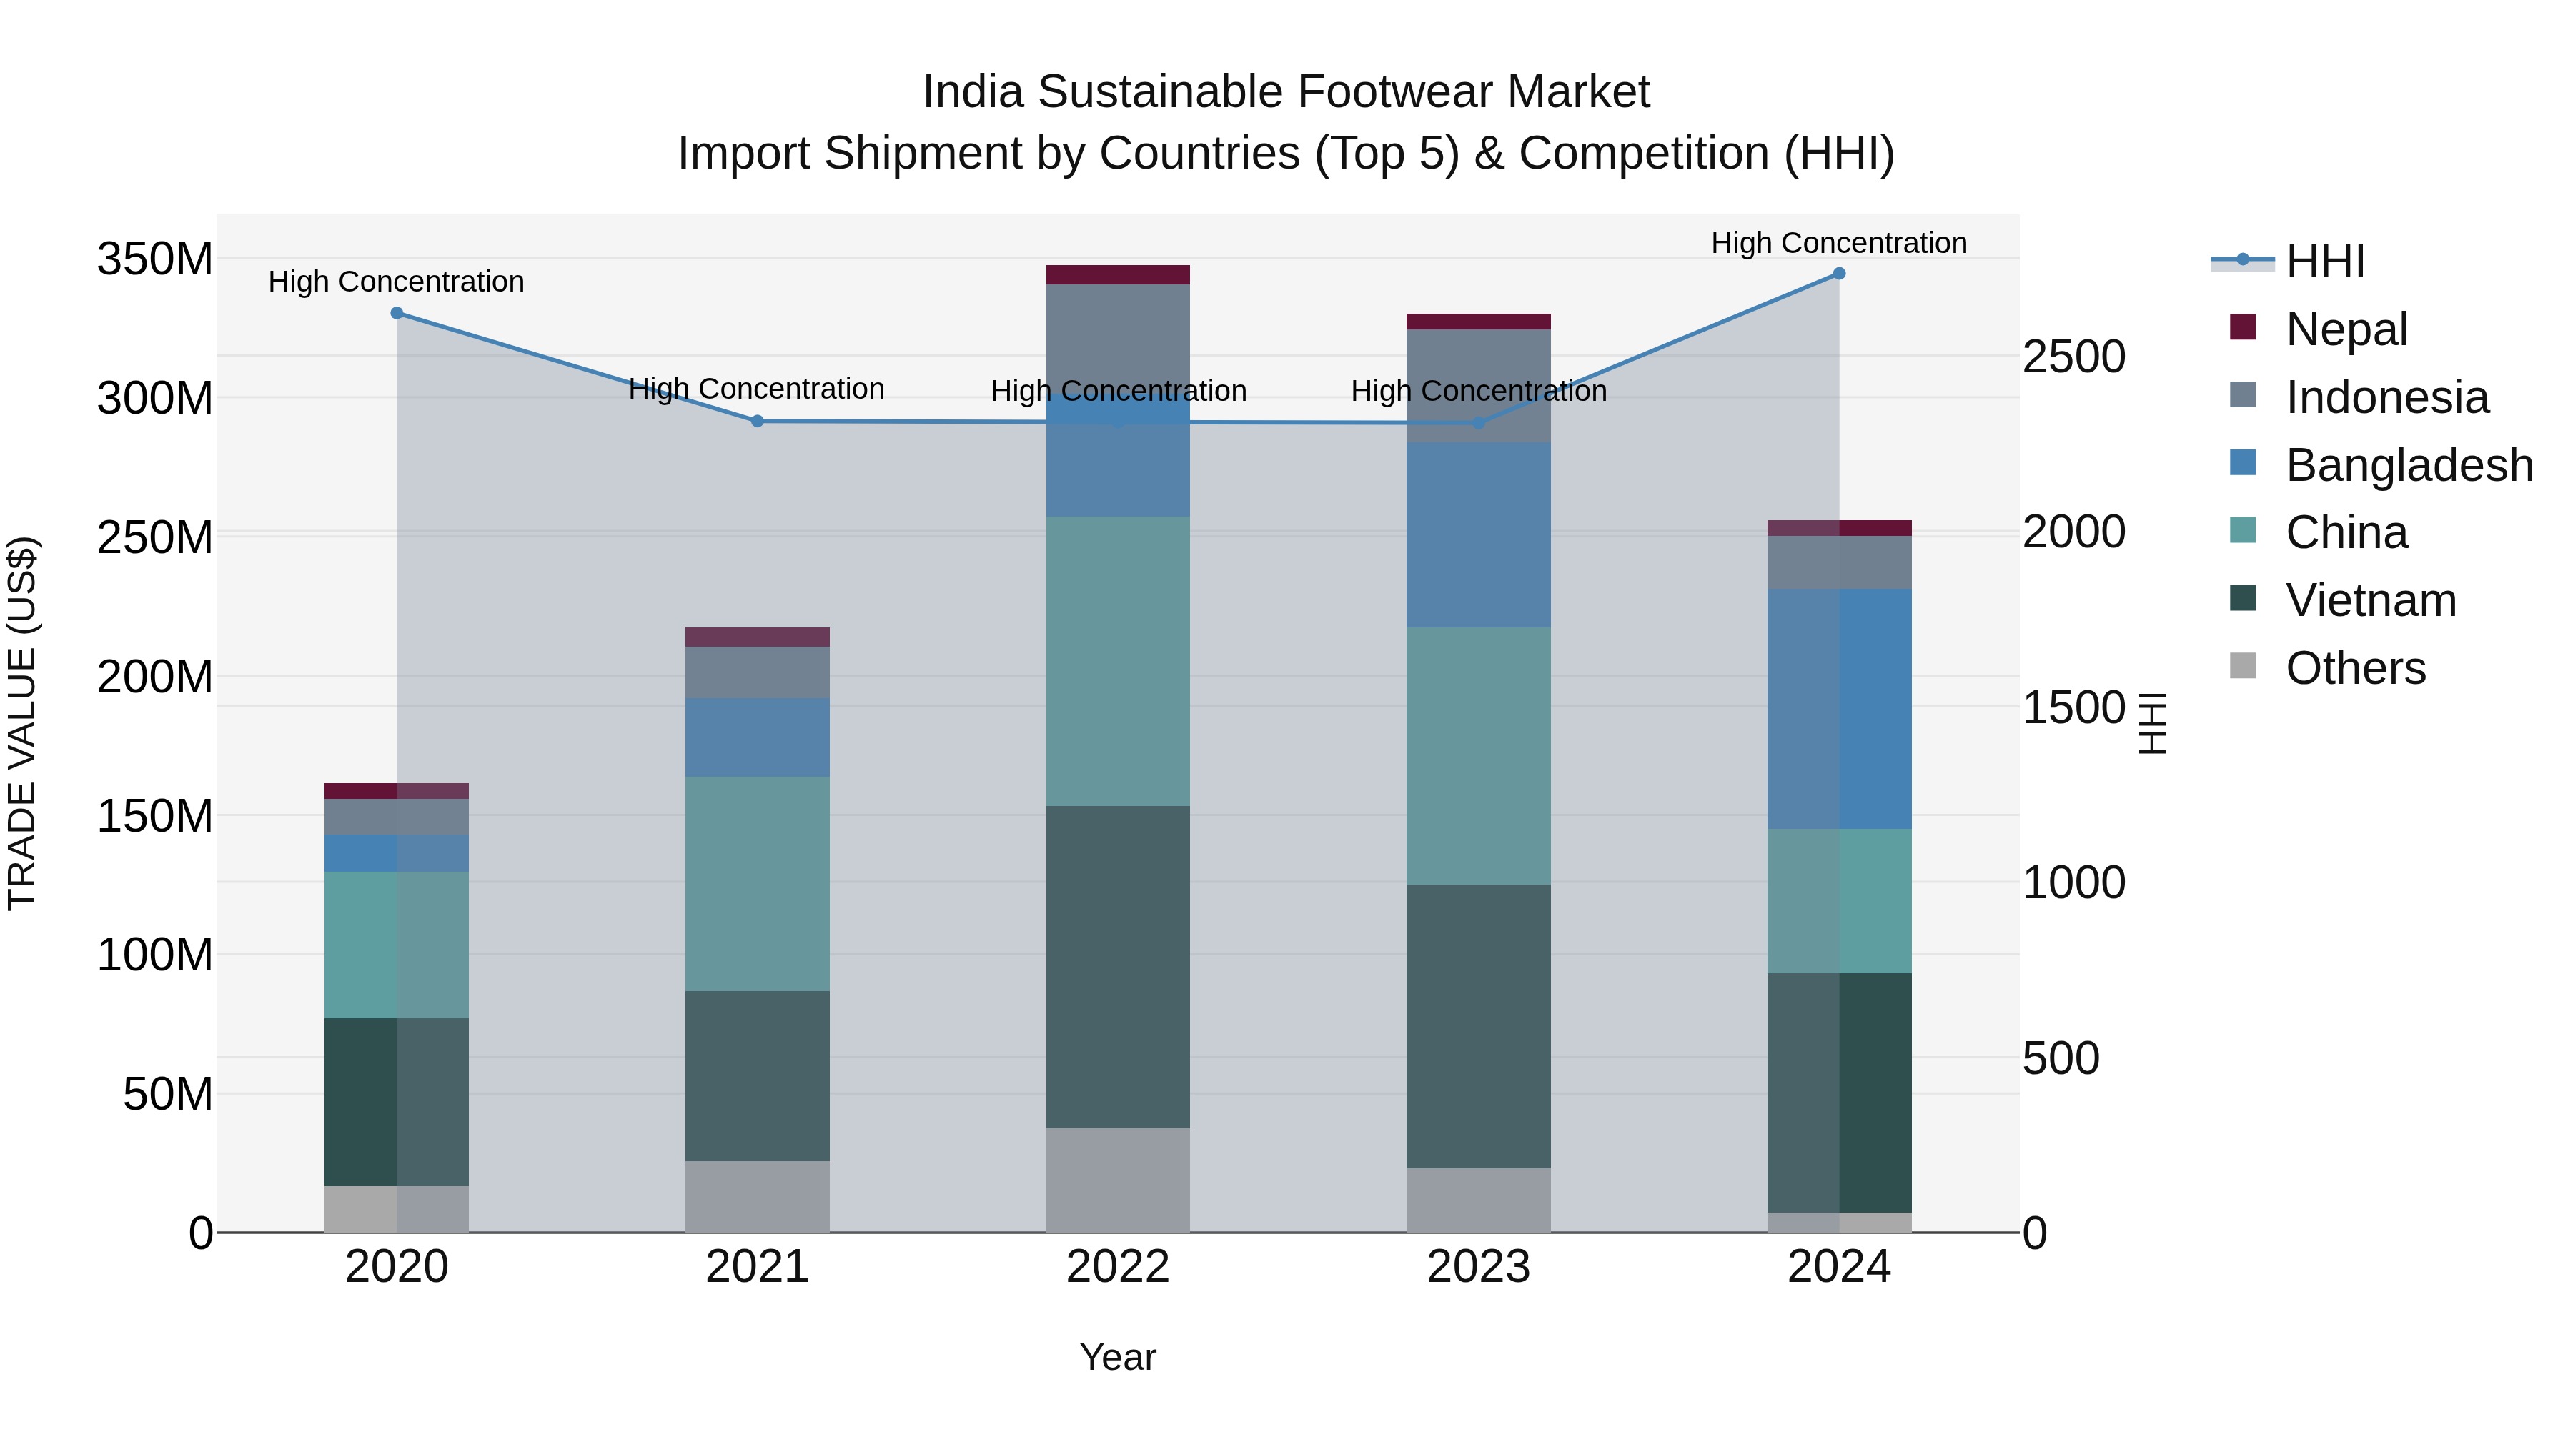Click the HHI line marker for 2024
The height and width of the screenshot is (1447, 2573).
click(1839, 274)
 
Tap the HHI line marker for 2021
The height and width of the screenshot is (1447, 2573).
click(757, 422)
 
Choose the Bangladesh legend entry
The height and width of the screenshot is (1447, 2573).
click(2408, 465)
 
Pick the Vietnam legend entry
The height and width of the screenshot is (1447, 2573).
click(2369, 600)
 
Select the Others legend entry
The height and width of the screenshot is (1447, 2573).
click(2354, 668)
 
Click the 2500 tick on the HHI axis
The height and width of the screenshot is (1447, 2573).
click(2073, 357)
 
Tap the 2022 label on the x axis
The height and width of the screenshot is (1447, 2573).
click(1118, 1267)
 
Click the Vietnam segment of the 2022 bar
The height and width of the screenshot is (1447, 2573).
click(1118, 967)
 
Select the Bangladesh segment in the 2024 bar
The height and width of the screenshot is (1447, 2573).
click(1839, 708)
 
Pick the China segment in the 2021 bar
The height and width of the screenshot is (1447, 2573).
click(757, 884)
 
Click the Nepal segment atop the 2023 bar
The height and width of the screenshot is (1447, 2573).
click(1478, 322)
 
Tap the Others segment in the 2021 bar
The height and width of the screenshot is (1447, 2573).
click(757, 1195)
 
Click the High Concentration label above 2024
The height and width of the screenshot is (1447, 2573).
click(1839, 244)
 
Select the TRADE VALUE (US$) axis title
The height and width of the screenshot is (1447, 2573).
click(22, 723)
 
